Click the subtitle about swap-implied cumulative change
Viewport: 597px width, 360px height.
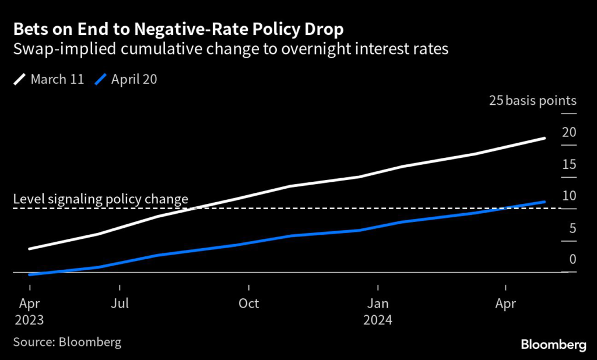[x=230, y=49]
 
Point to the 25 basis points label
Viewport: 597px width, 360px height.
[x=532, y=101]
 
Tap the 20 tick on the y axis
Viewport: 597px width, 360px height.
[x=569, y=132]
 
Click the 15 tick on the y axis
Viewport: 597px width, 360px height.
[x=569, y=164]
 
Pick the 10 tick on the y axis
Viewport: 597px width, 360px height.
[x=569, y=196]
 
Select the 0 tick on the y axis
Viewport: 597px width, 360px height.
[x=572, y=260]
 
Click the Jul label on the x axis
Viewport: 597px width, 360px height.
[x=120, y=303]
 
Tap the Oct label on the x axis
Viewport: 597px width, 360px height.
[x=249, y=303]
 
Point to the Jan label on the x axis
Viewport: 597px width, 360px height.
[x=378, y=303]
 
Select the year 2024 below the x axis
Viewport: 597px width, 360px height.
[x=378, y=320]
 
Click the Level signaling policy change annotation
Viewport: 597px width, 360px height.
[x=100, y=199]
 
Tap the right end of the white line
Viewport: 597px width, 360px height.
[x=545, y=138]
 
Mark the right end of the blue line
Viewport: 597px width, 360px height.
[x=545, y=202]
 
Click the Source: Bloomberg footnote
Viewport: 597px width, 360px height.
[x=67, y=342]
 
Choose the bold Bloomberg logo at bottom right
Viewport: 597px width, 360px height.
[x=553, y=345]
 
